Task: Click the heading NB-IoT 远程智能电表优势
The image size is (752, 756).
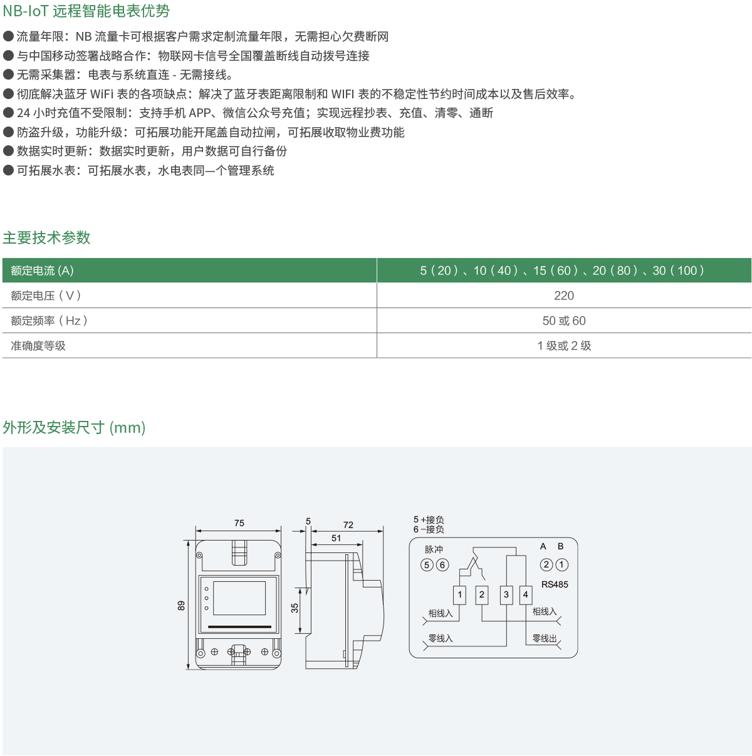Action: point(86,11)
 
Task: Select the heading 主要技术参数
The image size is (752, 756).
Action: point(46,238)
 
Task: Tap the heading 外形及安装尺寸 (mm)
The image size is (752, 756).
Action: point(74,427)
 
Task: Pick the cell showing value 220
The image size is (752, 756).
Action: point(564,296)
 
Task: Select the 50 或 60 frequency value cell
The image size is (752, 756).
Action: point(564,321)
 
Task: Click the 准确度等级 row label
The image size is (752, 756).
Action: point(38,346)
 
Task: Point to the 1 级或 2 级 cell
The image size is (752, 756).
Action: point(564,346)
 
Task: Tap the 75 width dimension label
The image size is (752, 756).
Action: point(239,523)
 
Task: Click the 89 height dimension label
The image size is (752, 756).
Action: point(181,606)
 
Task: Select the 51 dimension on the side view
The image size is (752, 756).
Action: point(336,538)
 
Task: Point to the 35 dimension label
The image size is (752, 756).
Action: point(295,608)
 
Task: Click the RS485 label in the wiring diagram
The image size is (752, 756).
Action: point(555,584)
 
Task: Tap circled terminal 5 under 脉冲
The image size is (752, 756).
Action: point(427,565)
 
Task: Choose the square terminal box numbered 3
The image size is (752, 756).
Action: point(506,595)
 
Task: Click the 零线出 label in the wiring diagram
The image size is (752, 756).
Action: point(545,638)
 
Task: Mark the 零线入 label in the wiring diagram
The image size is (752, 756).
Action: point(441,638)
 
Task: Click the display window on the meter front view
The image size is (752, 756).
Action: point(239,598)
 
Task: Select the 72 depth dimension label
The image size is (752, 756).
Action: point(348,525)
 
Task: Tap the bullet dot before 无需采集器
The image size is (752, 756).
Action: point(8,75)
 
